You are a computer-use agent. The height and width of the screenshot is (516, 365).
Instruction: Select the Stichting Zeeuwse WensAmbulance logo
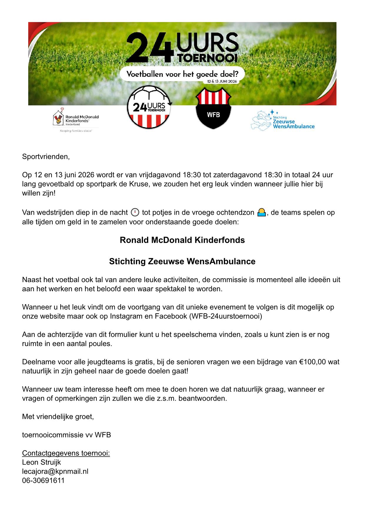[x=282, y=120]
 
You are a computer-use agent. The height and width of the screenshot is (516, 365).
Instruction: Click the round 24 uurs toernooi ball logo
[x=149, y=107]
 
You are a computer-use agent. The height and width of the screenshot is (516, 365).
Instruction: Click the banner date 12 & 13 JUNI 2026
[x=222, y=81]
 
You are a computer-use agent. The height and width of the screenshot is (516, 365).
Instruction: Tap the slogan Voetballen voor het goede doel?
[x=182, y=74]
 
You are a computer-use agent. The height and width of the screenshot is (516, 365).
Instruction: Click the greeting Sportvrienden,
[x=46, y=157]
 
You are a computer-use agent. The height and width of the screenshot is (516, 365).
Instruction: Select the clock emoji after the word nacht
[x=134, y=212]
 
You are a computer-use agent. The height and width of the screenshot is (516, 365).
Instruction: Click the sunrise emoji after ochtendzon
[x=261, y=212]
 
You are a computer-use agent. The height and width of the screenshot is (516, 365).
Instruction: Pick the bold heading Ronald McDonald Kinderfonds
[x=182, y=240]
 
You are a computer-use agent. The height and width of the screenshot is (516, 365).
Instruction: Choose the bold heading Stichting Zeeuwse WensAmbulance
[x=182, y=261]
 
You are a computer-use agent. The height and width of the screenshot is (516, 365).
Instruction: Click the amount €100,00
[x=313, y=362]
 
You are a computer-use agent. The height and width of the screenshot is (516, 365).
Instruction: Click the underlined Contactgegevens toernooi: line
[x=66, y=453]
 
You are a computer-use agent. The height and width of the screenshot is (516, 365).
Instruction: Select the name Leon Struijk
[x=41, y=462]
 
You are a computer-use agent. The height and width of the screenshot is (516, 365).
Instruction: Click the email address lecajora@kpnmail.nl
[x=55, y=471]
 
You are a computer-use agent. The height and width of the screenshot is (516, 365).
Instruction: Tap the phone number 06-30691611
[x=43, y=480]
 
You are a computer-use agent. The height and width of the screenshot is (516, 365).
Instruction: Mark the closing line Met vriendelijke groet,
[x=58, y=417]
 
